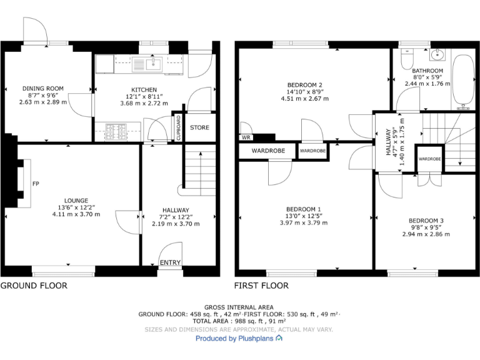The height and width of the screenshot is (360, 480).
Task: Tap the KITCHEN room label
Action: coord(144,89)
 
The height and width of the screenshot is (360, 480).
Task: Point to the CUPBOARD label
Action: coord(179,127)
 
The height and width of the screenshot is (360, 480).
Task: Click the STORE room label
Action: coord(200,127)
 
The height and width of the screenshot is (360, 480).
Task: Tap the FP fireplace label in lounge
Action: coord(36,184)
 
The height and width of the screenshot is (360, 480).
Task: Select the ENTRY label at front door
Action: coord(170,262)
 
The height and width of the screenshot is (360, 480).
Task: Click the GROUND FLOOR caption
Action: coord(34,286)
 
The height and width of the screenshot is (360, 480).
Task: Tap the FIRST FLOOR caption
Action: coord(261,286)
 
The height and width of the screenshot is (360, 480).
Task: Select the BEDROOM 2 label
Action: coord(304,85)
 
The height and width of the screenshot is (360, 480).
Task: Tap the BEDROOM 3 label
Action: coord(426,221)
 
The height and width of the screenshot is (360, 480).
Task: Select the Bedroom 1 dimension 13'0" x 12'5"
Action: coord(304,216)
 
